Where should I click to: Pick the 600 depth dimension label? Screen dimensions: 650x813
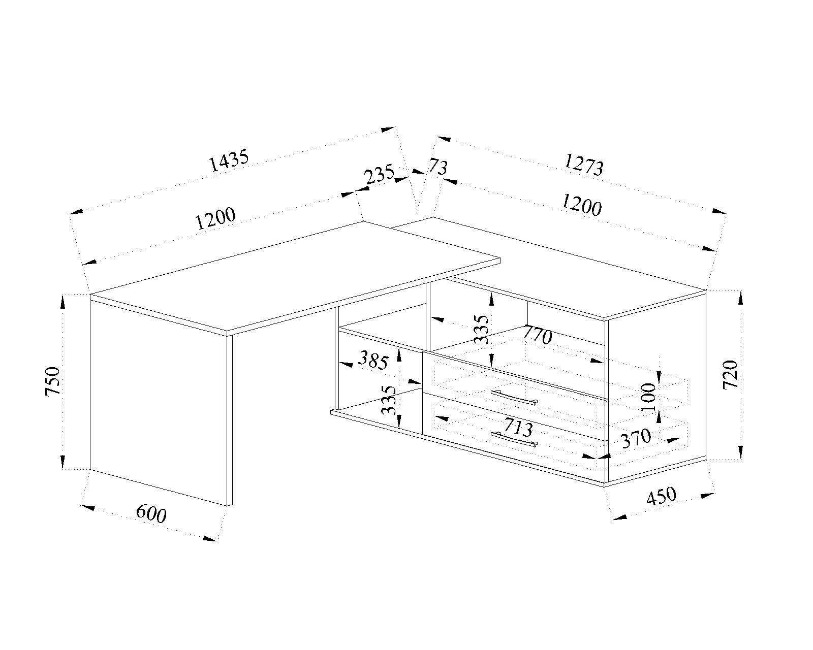pos(151,514)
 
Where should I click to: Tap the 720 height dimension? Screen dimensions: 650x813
pos(730,375)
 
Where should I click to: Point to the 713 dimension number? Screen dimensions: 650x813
pos(518,428)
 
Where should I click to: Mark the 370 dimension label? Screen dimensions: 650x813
pos(636,438)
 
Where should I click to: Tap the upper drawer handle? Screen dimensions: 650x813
pos(514,397)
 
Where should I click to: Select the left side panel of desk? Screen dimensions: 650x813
pos(158,401)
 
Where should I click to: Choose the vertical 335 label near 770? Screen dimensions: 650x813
pos(482,330)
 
